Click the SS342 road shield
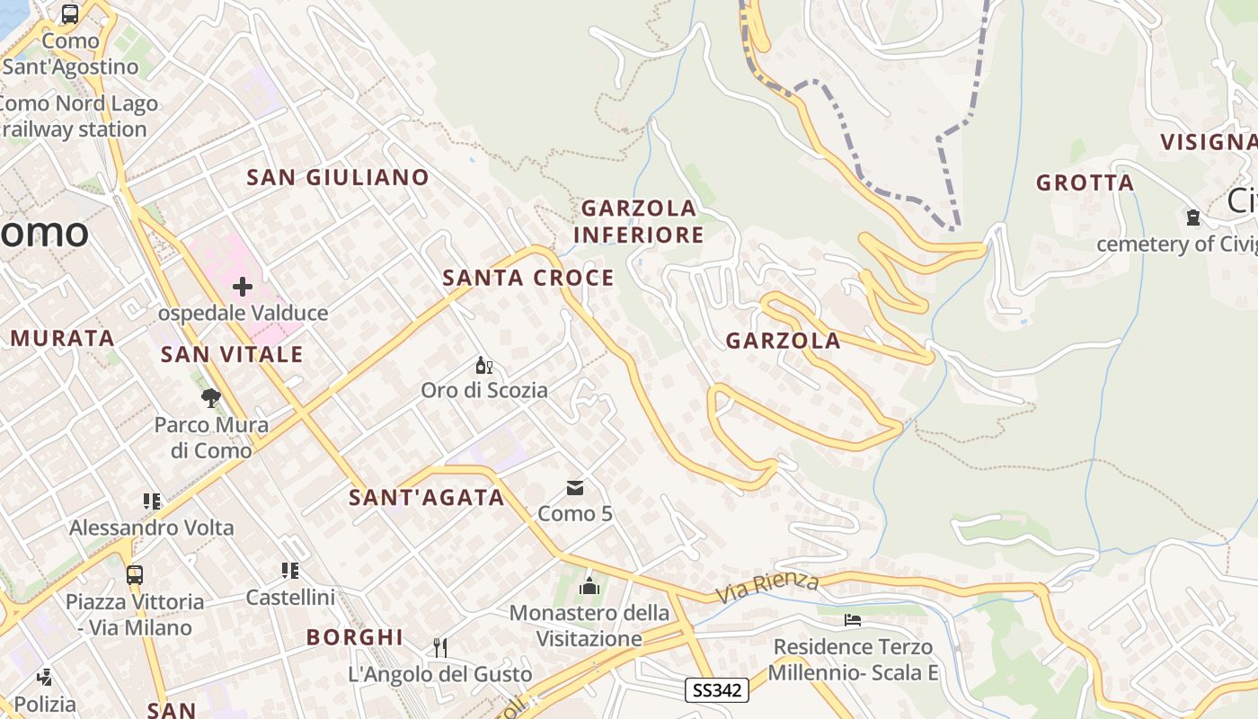point(717,690)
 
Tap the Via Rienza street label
point(768,588)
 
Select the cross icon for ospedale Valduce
point(243,288)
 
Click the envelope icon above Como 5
point(575,488)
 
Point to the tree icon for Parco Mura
point(211,398)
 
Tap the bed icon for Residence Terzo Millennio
point(853,620)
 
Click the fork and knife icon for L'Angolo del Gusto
point(440,647)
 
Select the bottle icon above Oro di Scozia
point(484,365)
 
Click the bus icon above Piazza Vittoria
point(135,574)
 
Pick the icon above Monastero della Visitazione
point(589,586)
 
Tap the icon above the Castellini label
point(289,571)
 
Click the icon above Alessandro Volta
point(151,501)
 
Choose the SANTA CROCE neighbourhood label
point(528,279)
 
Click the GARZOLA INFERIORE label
point(638,222)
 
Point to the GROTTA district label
point(1085,183)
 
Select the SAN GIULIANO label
point(338,178)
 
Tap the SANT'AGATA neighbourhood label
point(427,498)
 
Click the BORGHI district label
point(355,637)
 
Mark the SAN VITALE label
point(232,355)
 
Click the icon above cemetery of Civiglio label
point(1192,217)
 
